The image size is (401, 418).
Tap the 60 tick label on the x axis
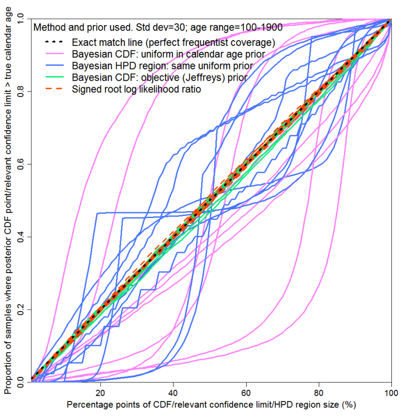(x=246, y=391)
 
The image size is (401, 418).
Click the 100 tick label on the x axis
(x=391, y=391)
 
